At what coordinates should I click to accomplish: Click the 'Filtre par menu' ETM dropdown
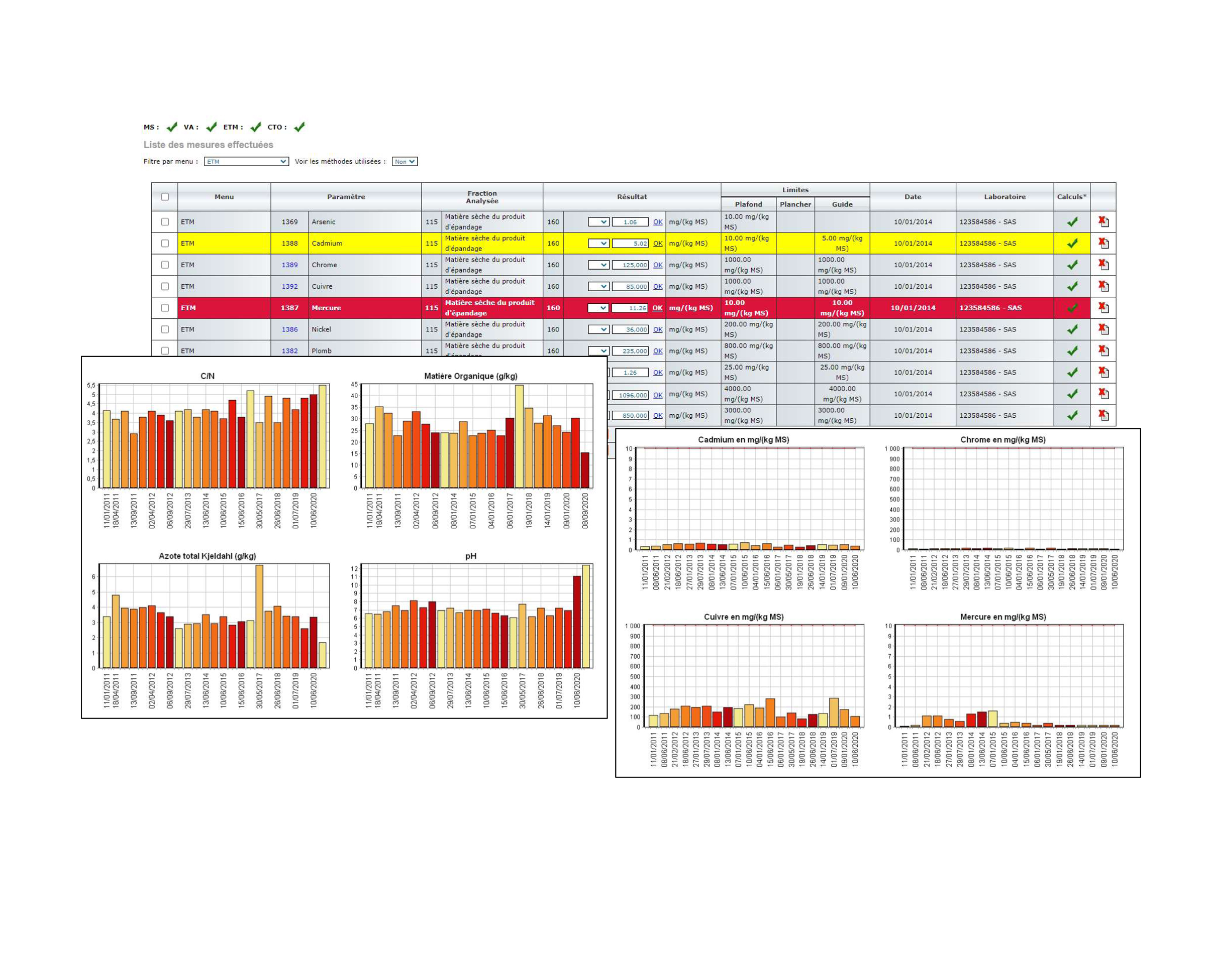pyautogui.click(x=246, y=161)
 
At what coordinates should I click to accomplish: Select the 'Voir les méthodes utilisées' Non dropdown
pyautogui.click(x=404, y=161)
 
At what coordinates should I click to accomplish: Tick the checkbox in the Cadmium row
pyautogui.click(x=165, y=244)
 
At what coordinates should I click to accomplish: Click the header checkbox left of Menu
pyautogui.click(x=165, y=197)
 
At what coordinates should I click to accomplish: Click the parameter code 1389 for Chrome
pyautogui.click(x=289, y=265)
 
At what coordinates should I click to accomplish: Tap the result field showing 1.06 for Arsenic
pyautogui.click(x=629, y=222)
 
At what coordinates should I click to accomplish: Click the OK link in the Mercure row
pyautogui.click(x=657, y=308)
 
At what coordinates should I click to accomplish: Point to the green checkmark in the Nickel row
pyautogui.click(x=1072, y=329)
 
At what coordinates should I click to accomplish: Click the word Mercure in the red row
pyautogui.click(x=326, y=308)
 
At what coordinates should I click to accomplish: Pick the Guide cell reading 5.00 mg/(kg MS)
pyautogui.click(x=842, y=244)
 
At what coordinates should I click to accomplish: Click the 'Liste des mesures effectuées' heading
pyautogui.click(x=208, y=145)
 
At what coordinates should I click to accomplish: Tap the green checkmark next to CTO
pyautogui.click(x=299, y=128)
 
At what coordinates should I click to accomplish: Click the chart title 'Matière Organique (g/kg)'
pyautogui.click(x=470, y=376)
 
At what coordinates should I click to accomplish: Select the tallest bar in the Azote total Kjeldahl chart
pyautogui.click(x=259, y=616)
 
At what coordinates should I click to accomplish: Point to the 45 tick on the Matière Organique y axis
pyautogui.click(x=354, y=384)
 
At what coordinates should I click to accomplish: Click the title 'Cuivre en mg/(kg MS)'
pyautogui.click(x=743, y=617)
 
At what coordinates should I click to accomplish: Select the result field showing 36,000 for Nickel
pyautogui.click(x=629, y=329)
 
